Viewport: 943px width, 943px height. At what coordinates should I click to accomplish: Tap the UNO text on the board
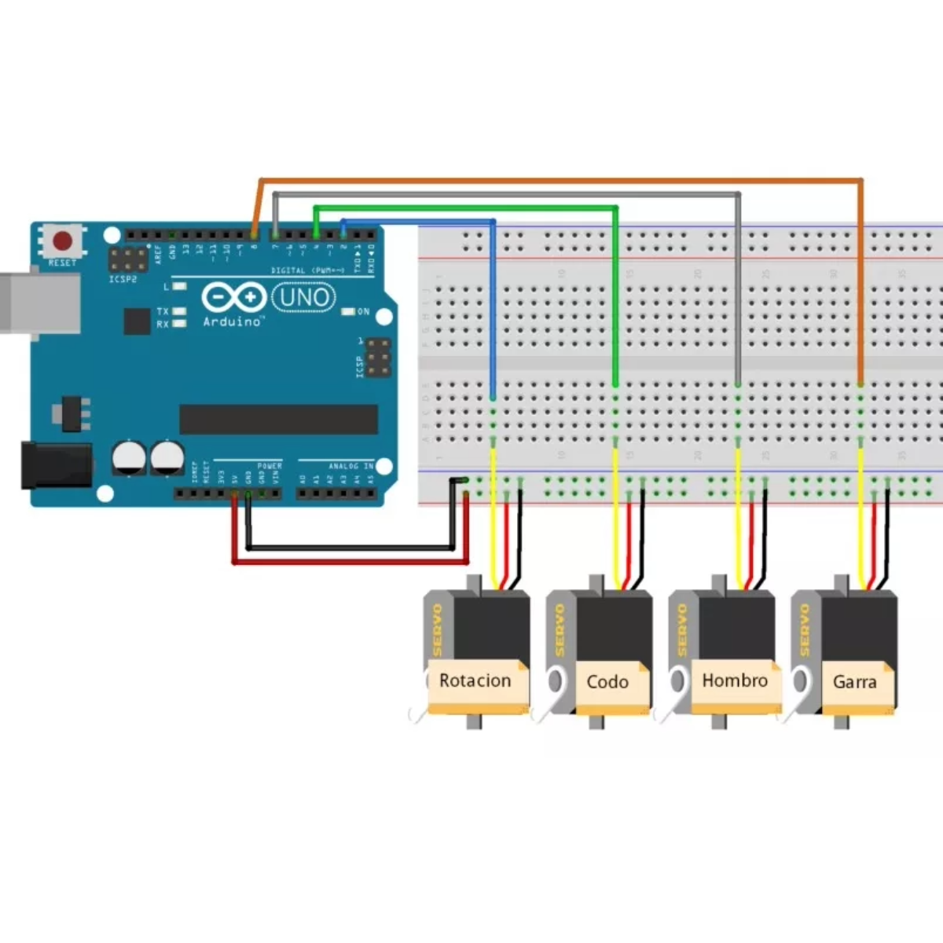303,297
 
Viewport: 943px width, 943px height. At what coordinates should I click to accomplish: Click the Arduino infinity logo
233,298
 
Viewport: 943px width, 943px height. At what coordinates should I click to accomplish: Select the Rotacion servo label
475,681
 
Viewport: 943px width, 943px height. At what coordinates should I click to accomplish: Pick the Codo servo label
607,681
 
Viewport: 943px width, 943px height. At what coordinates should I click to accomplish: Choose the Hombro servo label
735,681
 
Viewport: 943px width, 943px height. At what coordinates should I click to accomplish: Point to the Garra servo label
854,681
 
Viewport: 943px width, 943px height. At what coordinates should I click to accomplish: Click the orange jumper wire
550,181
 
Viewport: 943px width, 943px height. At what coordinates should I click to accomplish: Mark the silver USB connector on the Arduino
39,302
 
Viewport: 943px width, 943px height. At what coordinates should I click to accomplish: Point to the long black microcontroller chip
278,420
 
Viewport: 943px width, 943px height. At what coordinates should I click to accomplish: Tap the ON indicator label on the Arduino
363,312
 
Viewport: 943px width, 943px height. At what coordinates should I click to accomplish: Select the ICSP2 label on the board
123,279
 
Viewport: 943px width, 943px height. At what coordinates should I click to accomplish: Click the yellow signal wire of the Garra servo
861,519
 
